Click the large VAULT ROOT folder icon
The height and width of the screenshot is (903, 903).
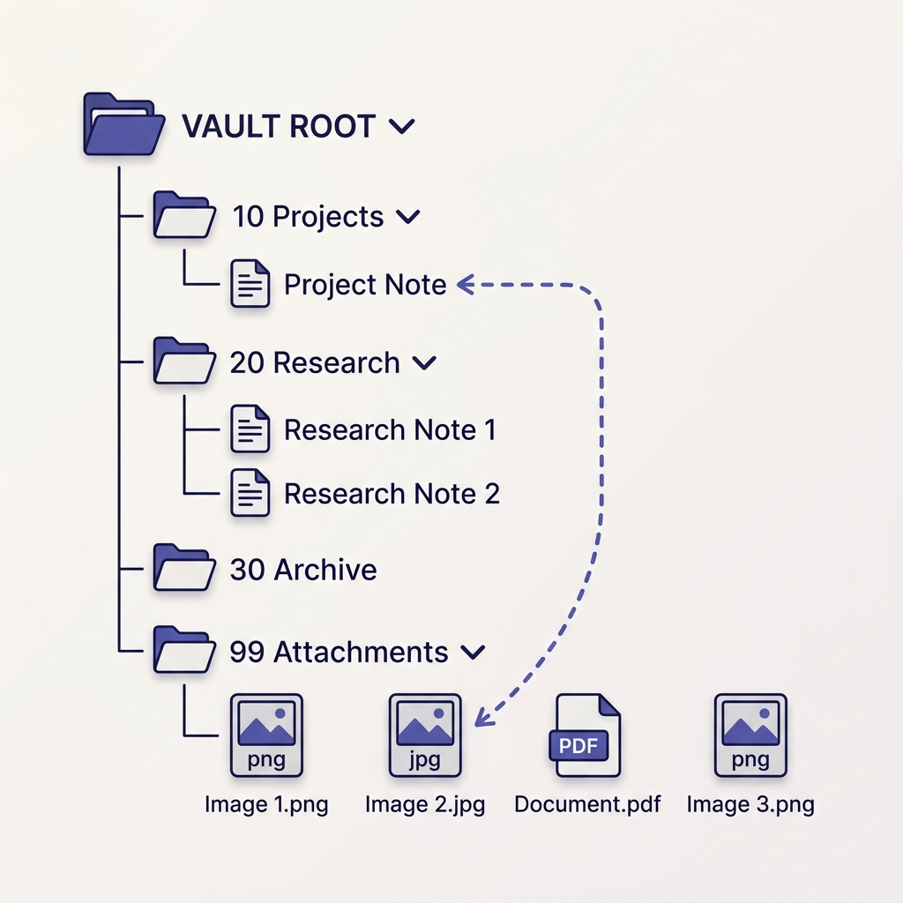123,124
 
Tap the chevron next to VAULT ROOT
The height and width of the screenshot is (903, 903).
402,127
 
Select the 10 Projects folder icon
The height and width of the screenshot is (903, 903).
184,215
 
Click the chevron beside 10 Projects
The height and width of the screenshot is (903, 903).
408,217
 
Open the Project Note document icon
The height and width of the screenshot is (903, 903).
250,284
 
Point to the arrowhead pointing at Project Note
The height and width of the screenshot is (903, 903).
465,284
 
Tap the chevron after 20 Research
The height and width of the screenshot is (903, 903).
424,362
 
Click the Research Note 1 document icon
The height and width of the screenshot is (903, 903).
250,429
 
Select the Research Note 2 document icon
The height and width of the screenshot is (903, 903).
250,492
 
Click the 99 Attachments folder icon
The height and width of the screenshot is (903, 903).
184,650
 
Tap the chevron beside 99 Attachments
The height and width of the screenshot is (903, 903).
474,652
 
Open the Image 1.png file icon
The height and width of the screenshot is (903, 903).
266,735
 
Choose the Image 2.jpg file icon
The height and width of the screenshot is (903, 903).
425,735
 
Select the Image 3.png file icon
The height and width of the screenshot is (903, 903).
750,735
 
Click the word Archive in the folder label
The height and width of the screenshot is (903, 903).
325,570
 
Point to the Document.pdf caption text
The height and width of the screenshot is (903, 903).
587,804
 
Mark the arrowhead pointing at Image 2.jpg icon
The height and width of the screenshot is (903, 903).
481,718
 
